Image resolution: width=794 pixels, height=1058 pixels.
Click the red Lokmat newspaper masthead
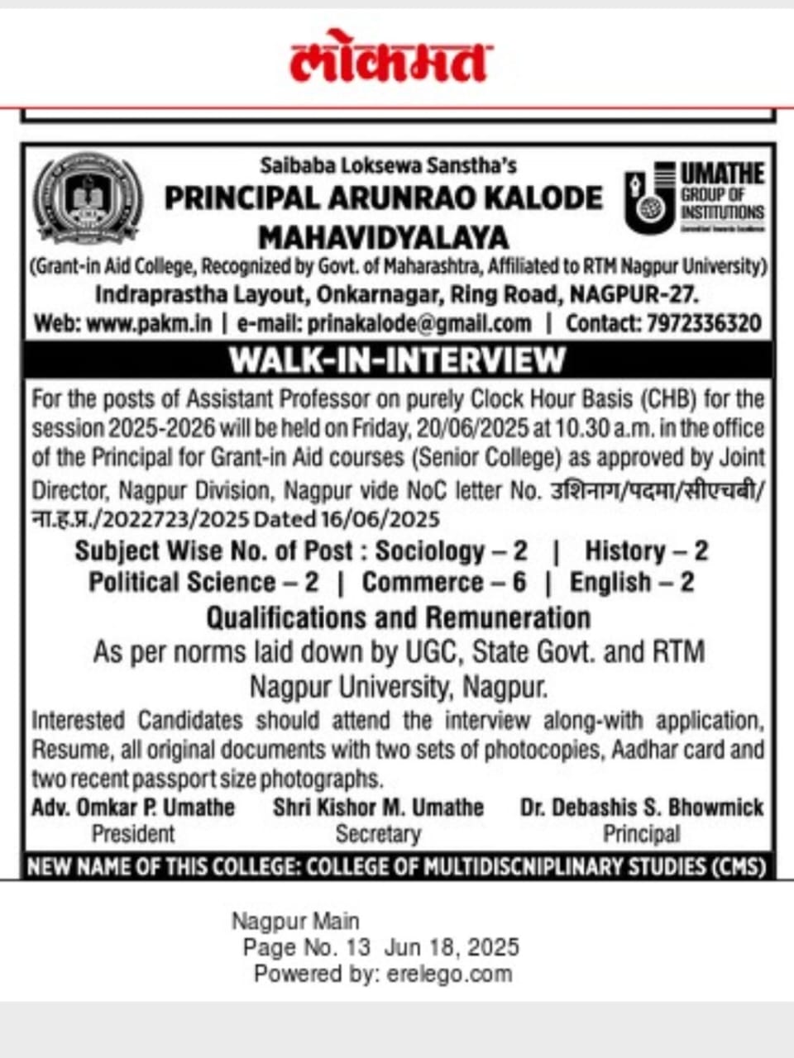pyautogui.click(x=390, y=59)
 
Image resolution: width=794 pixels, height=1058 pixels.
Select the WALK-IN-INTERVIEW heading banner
pyautogui.click(x=397, y=360)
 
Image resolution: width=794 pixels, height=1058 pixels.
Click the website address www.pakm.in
pyautogui.click(x=149, y=323)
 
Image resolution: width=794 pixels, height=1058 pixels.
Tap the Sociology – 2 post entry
pyautogui.click(x=451, y=551)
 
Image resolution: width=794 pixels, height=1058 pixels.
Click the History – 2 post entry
pyautogui.click(x=646, y=551)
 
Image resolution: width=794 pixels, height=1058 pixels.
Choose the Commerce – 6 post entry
pyautogui.click(x=444, y=583)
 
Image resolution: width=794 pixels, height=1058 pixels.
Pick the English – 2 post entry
pyautogui.click(x=632, y=583)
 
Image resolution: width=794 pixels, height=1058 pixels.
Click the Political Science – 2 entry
pyautogui.click(x=203, y=583)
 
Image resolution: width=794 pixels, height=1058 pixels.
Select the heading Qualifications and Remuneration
pyautogui.click(x=398, y=618)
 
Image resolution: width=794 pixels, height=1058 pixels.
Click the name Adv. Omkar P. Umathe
pyautogui.click(x=133, y=808)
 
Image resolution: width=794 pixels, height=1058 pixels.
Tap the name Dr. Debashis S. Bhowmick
pyautogui.click(x=642, y=808)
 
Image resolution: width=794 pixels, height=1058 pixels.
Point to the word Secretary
pyautogui.click(x=378, y=835)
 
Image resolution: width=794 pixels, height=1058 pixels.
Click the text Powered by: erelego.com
pyautogui.click(x=383, y=974)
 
